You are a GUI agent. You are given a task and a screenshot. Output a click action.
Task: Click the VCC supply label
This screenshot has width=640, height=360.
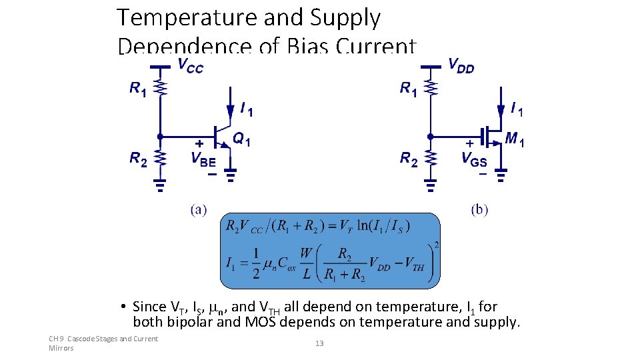190,65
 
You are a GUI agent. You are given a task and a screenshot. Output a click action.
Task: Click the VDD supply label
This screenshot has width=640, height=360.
461,65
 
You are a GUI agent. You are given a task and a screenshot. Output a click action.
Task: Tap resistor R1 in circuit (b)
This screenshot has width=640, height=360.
431,89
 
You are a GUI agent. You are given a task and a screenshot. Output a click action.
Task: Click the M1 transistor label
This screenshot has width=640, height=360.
514,139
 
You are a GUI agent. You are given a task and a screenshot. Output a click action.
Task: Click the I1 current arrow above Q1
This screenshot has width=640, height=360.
230,108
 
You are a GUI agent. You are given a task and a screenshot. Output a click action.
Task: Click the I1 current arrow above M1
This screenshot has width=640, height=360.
501,108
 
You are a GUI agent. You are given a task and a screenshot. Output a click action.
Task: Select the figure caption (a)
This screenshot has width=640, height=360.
198,210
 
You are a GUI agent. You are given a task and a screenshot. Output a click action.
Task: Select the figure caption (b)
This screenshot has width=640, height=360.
479,210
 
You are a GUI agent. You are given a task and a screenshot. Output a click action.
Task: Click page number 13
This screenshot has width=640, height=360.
319,343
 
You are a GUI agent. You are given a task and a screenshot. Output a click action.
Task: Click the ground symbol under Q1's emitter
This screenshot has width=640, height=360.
230,175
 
